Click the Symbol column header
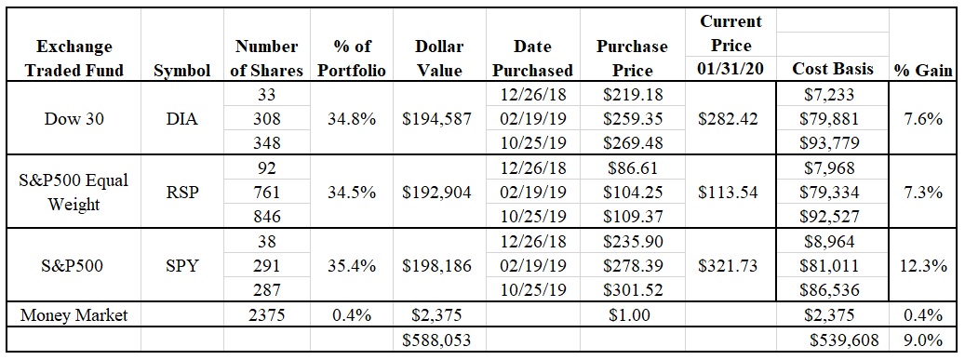182,71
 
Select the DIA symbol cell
182,119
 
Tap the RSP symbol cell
182,192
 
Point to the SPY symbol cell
182,266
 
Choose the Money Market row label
74,315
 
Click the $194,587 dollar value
437,119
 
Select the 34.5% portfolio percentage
352,192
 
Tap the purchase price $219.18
634,95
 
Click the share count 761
266,192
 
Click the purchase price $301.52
634,290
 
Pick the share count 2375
266,315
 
